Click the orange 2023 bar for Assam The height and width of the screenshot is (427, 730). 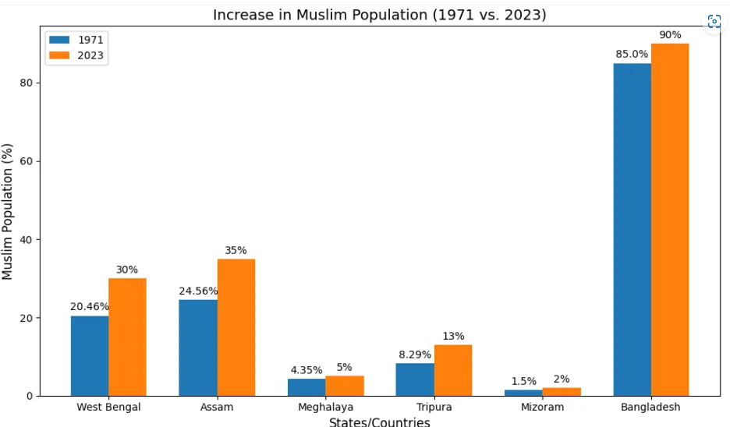[x=236, y=327]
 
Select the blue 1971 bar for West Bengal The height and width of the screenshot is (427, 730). [x=90, y=356]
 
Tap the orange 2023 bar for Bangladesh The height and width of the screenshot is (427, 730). [x=670, y=220]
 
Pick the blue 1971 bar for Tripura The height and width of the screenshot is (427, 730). [x=415, y=379]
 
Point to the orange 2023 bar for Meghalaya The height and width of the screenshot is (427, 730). [x=345, y=386]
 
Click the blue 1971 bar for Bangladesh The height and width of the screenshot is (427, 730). [x=633, y=230]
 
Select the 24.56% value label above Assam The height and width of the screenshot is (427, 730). [x=198, y=291]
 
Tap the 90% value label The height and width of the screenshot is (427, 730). [x=670, y=35]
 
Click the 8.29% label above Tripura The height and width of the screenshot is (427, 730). [x=415, y=355]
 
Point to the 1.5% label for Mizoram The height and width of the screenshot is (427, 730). [x=524, y=381]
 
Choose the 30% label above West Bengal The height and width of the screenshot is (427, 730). [x=127, y=270]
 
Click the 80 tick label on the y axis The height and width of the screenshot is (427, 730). [x=26, y=83]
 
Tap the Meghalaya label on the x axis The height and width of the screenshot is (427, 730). [x=325, y=408]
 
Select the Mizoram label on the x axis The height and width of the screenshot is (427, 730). [x=542, y=408]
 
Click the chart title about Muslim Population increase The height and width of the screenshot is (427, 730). [x=380, y=15]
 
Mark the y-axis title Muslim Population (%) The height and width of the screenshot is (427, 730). [x=7, y=212]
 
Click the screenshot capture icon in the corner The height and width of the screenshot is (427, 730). [x=714, y=21]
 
